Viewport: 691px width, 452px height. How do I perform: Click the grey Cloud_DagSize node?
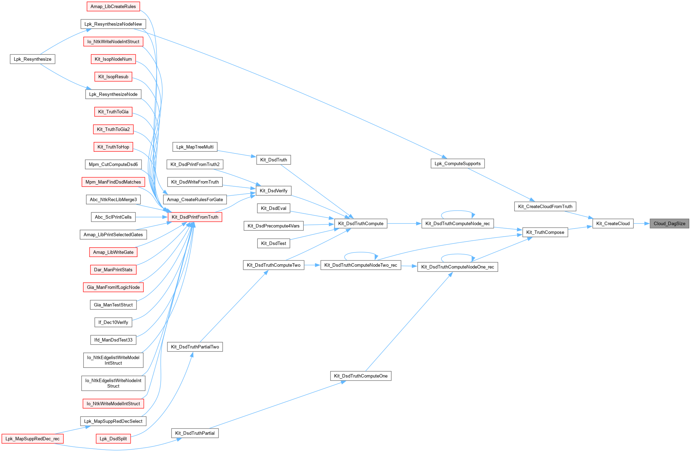669,223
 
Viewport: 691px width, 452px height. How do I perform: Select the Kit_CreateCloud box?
613,223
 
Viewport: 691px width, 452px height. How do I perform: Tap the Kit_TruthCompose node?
545,232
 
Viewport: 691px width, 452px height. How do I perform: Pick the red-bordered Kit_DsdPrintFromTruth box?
195,217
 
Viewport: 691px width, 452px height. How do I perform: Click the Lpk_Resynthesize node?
33,59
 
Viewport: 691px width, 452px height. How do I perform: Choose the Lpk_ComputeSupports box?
457,163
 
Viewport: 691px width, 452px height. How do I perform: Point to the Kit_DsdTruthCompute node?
360,223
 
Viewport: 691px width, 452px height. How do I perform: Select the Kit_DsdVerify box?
273,190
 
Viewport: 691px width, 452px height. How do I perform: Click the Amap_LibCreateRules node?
113,7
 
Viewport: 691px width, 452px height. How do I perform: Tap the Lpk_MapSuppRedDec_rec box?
33,438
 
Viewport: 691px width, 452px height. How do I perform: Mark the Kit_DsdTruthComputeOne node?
360,376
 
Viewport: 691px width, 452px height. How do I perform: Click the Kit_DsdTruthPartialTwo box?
195,347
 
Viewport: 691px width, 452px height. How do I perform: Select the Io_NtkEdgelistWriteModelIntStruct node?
113,360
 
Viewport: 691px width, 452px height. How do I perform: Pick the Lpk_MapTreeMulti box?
195,147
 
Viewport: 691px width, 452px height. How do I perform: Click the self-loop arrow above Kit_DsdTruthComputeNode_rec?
458,211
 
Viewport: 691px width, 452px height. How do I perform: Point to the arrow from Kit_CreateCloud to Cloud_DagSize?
641,223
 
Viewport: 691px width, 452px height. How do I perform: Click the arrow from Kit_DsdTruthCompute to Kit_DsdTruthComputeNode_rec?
404,223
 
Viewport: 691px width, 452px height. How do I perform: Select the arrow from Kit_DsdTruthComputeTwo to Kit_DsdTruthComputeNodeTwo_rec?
312,265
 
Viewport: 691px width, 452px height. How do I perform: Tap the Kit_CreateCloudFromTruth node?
545,206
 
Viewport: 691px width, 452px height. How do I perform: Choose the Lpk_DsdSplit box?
113,438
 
